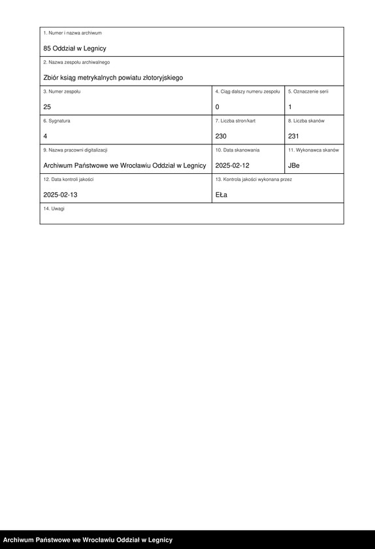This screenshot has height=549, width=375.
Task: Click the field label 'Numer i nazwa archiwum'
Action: [x=73, y=33]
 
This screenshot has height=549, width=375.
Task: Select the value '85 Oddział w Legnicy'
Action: [x=74, y=48]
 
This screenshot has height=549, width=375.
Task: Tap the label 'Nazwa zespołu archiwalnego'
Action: [x=76, y=62]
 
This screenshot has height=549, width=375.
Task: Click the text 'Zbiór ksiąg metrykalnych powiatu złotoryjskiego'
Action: [x=113, y=78]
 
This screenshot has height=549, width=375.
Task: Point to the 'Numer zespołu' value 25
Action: [x=47, y=107]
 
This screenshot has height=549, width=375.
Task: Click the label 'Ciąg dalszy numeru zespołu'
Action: [x=248, y=91]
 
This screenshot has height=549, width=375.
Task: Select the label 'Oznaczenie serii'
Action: [x=308, y=91]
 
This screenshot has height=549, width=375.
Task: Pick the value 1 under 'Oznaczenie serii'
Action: [x=290, y=107]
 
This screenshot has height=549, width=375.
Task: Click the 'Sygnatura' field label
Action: [x=57, y=121]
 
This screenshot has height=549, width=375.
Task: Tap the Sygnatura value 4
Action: [x=45, y=136]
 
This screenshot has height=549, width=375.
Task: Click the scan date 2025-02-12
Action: [x=232, y=165]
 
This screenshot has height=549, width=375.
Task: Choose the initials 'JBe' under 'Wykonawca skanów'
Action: [x=294, y=165]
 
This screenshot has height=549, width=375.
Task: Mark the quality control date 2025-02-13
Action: [x=60, y=195]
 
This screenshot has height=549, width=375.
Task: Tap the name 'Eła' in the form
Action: [x=221, y=195]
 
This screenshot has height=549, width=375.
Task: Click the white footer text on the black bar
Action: [x=88, y=540]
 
